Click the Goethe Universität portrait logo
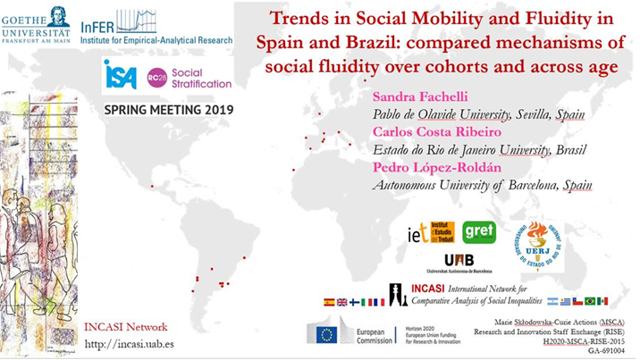pos(54,13)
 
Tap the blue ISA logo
pos(120,75)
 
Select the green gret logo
pos(478,231)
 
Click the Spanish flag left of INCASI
pos(329,302)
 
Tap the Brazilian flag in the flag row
pos(590,301)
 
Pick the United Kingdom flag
pos(342,302)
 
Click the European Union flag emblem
pos(324,334)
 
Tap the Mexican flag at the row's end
pos(602,301)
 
